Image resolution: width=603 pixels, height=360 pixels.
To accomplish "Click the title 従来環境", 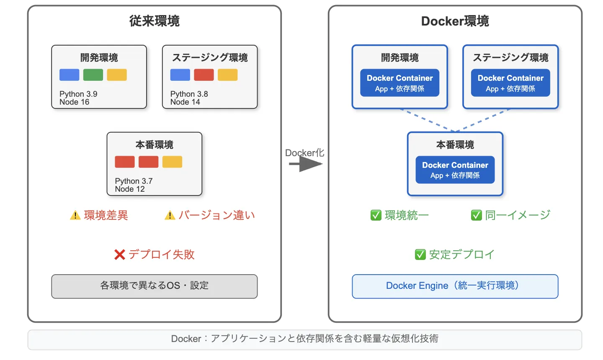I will coord(154,21).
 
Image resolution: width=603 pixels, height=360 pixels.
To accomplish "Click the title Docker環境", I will coord(455,21).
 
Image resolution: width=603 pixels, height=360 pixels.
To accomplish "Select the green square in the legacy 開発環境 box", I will coord(93,75).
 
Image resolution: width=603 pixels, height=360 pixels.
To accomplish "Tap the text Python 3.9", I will coord(78,94).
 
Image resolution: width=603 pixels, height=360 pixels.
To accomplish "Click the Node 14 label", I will coord(185,102).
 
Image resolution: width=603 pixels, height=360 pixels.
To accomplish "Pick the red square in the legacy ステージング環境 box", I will coord(204,75).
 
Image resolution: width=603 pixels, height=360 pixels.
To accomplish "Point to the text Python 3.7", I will coord(134,181).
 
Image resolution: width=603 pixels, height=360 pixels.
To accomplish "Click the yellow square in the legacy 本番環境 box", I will coord(172,162).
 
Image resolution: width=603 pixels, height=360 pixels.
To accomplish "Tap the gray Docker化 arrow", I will coord(306,164).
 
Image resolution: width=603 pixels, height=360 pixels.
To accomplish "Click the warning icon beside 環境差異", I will coord(75,216).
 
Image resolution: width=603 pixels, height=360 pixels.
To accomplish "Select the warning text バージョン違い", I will coord(216,215).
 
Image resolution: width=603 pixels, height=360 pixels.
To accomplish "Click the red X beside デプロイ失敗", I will coord(120,255).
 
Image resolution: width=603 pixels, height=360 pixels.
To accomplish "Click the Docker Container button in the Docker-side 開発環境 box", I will coord(399,83).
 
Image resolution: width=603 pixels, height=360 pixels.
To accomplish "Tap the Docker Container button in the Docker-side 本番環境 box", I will coord(455,170).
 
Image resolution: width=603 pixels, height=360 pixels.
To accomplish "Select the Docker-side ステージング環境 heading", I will coord(510,57).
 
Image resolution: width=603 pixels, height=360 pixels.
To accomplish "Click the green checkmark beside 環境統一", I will coord(376,215).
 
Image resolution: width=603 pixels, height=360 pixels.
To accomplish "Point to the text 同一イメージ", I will coord(518,215).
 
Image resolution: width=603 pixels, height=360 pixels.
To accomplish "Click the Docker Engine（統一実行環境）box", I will coord(455,286).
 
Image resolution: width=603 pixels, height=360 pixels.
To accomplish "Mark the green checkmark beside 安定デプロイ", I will coord(420,255).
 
